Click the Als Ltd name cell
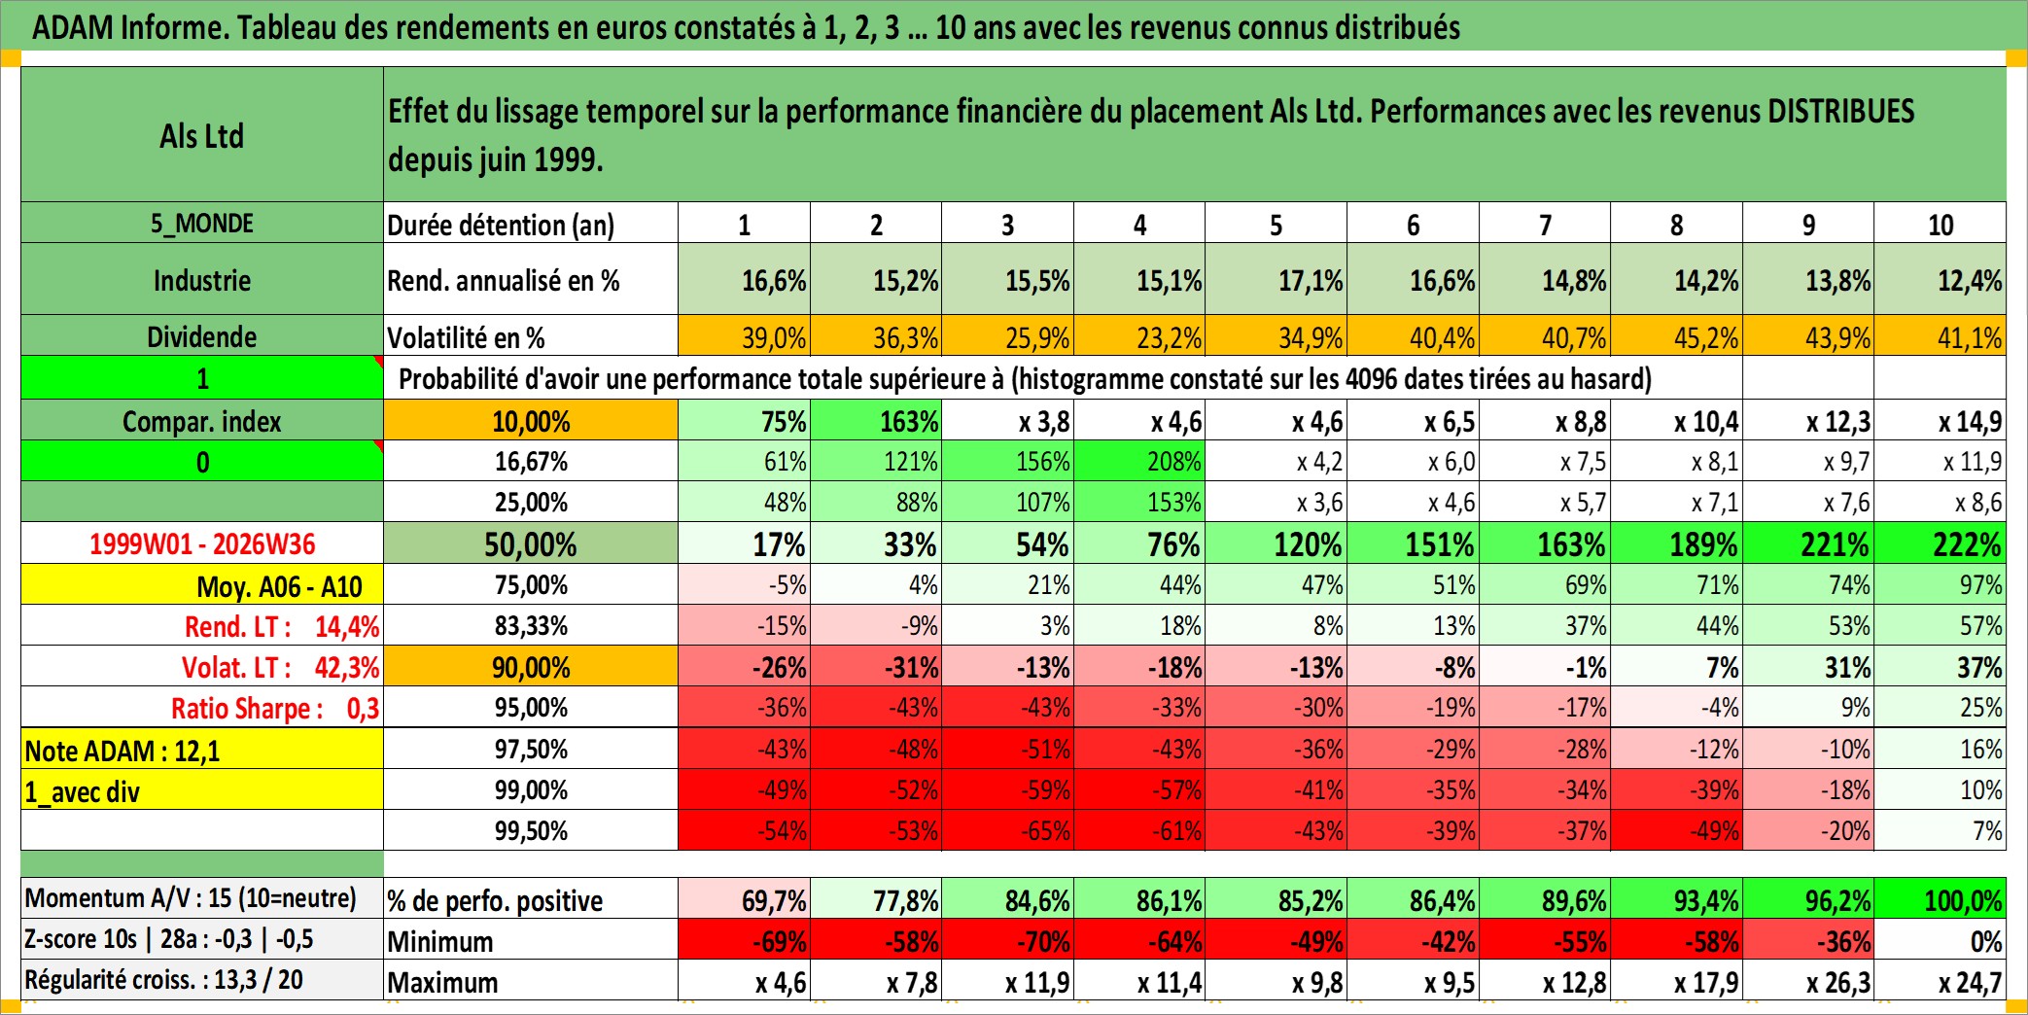(202, 135)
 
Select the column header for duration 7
(1545, 224)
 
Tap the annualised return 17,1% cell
(1276, 280)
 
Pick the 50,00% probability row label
(531, 544)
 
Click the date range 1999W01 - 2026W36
(202, 544)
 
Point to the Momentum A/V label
(191, 897)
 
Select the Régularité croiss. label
(163, 979)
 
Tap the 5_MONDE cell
(202, 223)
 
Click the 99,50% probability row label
(531, 831)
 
